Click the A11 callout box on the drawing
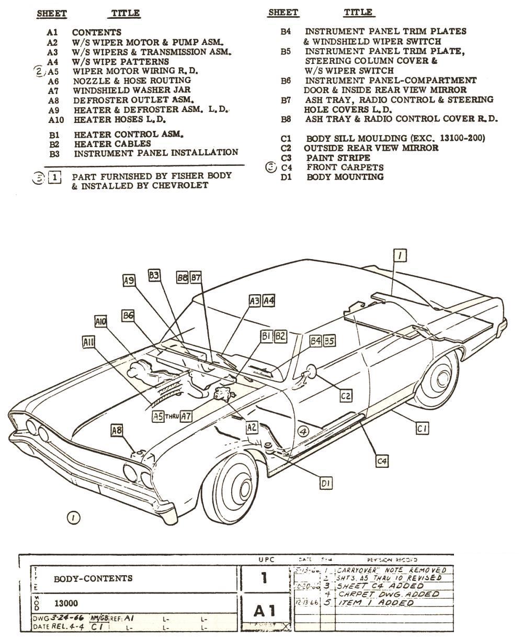[89, 342]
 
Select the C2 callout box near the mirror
[346, 396]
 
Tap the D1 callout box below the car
[326, 484]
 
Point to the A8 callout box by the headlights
[117, 430]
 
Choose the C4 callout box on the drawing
[382, 461]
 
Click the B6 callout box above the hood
[128, 316]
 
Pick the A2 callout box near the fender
[252, 427]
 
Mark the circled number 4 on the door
[303, 431]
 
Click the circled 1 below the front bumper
[73, 518]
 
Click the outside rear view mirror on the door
[311, 371]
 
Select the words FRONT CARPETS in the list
[345, 167]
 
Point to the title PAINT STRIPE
[338, 158]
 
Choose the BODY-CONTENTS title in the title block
[93, 579]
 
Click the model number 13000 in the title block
[66, 603]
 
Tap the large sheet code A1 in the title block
[264, 610]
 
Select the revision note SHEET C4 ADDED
[380, 586]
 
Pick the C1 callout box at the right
[422, 429]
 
